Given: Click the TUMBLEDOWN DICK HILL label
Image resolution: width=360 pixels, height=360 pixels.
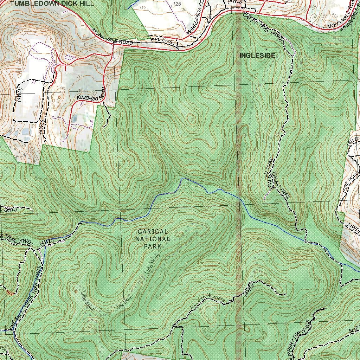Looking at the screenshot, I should click(52, 4).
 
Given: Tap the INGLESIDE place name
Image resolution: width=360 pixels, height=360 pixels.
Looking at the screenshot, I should click(257, 56).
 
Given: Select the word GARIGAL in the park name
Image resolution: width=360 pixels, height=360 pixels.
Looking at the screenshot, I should click(153, 232).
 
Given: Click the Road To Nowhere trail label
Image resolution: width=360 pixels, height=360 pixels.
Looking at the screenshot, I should click(207, 302).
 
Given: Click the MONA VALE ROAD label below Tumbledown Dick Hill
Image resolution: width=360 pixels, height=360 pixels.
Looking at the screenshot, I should click(113, 37).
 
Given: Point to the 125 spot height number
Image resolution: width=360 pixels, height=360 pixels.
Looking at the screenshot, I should click(177, 4).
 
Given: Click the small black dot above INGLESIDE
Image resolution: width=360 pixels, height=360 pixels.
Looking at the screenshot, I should click(266, 49).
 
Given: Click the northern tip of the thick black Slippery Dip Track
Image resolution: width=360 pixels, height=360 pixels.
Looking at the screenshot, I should click(323, 309).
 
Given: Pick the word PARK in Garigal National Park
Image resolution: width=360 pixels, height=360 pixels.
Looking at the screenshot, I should click(153, 246).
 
